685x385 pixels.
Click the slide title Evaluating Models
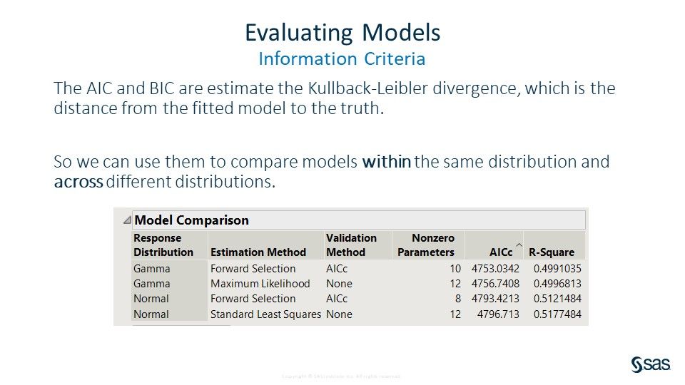click(342, 33)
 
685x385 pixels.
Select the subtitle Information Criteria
click(342, 58)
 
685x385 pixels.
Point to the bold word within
click(386, 162)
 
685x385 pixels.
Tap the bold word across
click(78, 182)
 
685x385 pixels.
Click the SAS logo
click(650, 364)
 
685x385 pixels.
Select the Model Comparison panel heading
click(191, 220)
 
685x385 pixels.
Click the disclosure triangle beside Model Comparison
click(126, 220)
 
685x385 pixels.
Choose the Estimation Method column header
click(258, 252)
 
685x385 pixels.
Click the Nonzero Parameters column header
click(427, 245)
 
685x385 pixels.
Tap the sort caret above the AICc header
click(519, 245)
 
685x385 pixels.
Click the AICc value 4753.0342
click(495, 269)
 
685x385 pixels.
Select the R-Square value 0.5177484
click(557, 314)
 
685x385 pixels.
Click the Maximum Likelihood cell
click(260, 284)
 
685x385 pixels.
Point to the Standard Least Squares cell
click(265, 314)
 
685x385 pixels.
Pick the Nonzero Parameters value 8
click(457, 299)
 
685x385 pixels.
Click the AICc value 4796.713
click(498, 314)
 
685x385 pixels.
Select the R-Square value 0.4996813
click(557, 284)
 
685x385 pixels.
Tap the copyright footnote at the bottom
click(342, 376)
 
